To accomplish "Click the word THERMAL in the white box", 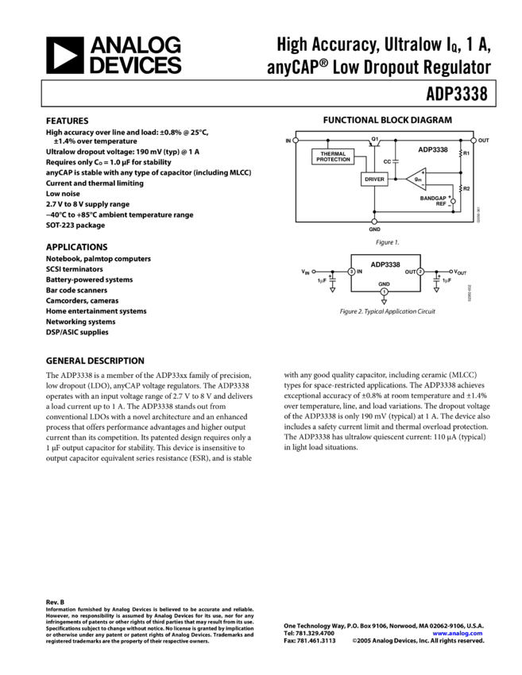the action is (333, 153).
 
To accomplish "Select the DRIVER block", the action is (374, 179).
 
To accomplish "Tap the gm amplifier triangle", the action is (417, 179).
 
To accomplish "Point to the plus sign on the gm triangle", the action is (423, 172).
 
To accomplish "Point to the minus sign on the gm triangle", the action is (423, 186).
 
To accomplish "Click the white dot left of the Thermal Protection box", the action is (296, 141).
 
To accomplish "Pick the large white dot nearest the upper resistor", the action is (474, 141).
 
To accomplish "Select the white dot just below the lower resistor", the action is (454, 201).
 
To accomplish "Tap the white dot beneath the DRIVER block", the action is (374, 222).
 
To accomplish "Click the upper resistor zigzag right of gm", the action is (461, 152).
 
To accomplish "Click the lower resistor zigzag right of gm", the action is (461, 188).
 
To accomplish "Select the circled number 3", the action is (351, 272).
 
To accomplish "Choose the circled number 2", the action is (420, 272).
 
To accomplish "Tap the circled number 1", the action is (385, 291).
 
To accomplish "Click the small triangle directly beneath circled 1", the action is (385, 302).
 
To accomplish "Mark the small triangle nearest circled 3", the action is (332, 290).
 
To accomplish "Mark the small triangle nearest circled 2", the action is (436, 290).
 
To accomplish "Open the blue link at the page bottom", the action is (458, 634).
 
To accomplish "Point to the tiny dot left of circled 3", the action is (314, 272).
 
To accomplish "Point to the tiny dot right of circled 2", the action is (451, 272).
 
